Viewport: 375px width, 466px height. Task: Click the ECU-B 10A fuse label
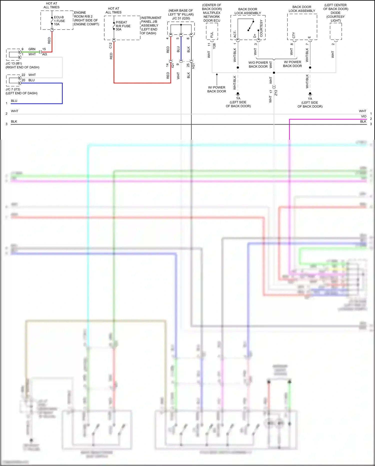tap(59, 21)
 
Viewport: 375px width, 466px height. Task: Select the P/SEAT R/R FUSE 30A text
tap(123, 26)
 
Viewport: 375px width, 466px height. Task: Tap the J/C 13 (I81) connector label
tap(14, 63)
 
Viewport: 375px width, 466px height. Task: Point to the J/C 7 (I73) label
tap(13, 89)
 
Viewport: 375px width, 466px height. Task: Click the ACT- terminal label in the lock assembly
tap(235, 34)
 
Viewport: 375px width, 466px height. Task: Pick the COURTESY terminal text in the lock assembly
tap(261, 28)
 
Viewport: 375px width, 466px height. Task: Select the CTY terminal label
tap(294, 35)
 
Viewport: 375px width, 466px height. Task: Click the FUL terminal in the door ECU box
tap(212, 35)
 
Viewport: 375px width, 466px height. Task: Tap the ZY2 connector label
tap(276, 93)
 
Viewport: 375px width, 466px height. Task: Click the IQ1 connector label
tap(172, 65)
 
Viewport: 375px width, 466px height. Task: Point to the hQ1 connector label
tap(193, 66)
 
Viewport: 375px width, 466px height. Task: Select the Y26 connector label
tap(214, 46)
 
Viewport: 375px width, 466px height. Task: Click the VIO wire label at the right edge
tap(363, 116)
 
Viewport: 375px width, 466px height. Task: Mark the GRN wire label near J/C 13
tap(32, 49)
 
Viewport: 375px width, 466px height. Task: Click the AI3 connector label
tap(44, 54)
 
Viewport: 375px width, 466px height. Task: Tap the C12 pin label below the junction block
tap(110, 46)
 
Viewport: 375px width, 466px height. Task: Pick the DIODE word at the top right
tap(335, 13)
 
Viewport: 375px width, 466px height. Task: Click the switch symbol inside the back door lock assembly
tap(251, 26)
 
